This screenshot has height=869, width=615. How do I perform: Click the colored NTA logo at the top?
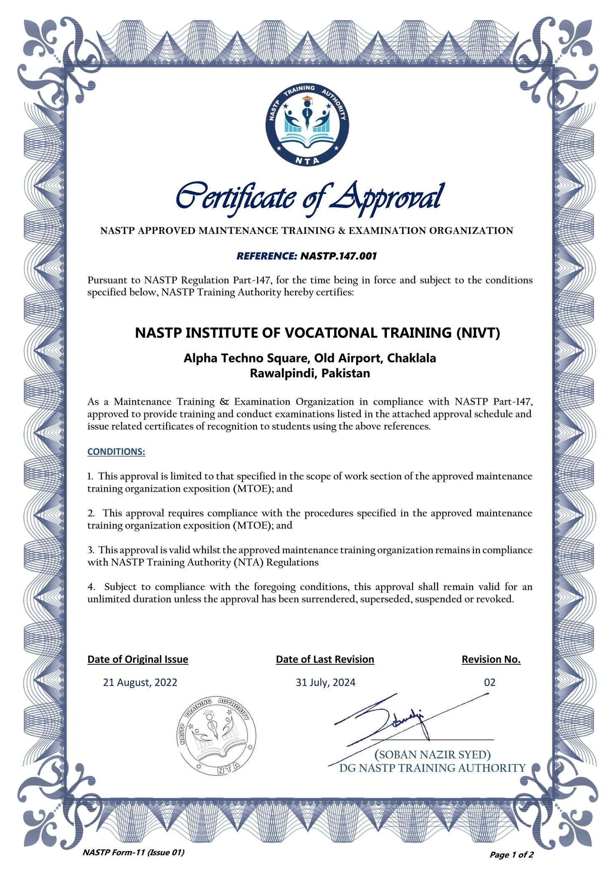coord(307,124)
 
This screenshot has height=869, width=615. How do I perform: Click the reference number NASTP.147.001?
coord(338,256)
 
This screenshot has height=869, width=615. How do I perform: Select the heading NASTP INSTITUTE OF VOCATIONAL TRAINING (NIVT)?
coord(317,333)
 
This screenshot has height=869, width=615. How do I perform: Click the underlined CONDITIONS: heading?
coord(116,452)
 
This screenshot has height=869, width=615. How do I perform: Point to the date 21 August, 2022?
coord(140,683)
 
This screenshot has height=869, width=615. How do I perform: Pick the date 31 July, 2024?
coord(325,683)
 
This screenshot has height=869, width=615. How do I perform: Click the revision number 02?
coord(489,683)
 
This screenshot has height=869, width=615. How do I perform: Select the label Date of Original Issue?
coord(138,659)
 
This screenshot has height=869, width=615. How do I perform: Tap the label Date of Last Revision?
coord(325,659)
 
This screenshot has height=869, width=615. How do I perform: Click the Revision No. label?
coord(491,659)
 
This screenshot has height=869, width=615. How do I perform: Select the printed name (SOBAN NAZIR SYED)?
coord(432,754)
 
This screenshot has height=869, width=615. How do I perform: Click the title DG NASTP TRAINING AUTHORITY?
coord(432,768)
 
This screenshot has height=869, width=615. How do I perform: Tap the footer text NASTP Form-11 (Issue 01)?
coord(133,852)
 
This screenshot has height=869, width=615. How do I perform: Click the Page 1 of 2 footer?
coord(511,855)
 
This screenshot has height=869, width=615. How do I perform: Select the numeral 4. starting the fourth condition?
coord(91,587)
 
